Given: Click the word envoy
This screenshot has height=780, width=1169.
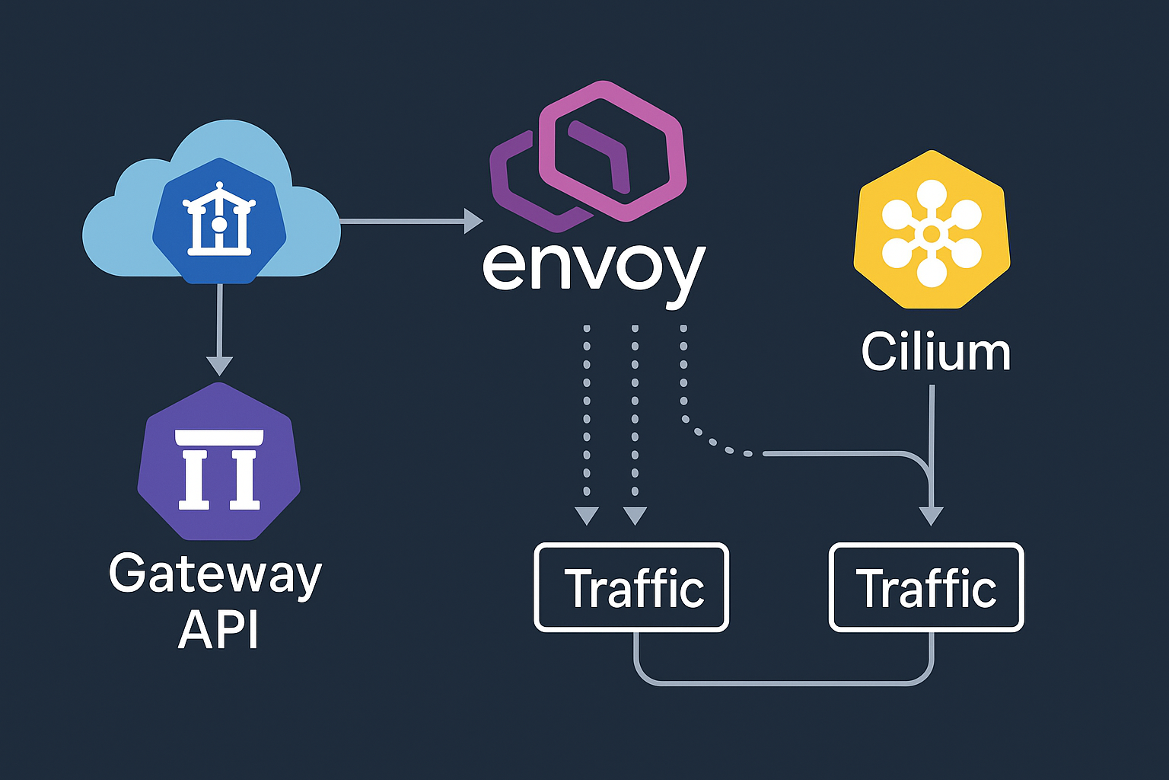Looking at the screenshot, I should pos(594,268).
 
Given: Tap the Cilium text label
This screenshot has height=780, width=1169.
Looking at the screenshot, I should pos(935,352).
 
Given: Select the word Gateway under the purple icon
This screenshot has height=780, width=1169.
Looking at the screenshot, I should pos(215,575).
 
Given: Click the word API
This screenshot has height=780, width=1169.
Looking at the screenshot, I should pos(218,630).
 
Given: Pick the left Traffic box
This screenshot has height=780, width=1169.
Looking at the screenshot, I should pos(632,587).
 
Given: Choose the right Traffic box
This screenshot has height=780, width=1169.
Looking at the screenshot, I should pos(926,587).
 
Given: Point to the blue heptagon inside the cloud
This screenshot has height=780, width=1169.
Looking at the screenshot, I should pos(219,221).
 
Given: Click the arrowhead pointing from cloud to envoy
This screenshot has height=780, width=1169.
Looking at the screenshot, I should pos(474,222).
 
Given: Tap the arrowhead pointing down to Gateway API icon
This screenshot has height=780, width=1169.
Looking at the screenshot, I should pos(219,366).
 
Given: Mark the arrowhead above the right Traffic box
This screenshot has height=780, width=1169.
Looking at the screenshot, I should pos(931,516).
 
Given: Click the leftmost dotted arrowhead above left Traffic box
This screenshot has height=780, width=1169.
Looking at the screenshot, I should pos(587,516).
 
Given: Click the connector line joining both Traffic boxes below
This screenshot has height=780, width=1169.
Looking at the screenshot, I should pos(784,682).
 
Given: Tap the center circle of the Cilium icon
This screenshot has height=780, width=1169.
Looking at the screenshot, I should pos(932,233).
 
